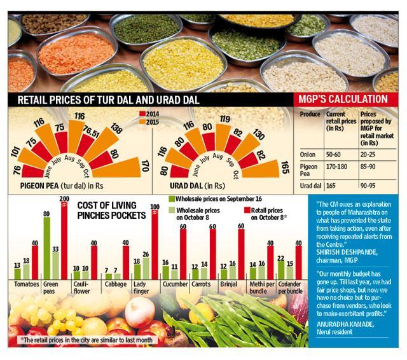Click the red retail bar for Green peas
point(64,240)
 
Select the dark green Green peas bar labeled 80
point(46,248)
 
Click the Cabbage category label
point(116,284)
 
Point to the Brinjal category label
point(229,284)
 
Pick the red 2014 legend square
point(142,114)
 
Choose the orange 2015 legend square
point(142,121)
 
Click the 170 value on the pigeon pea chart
point(145,167)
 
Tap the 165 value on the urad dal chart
point(285,168)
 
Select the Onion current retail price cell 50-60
point(333,155)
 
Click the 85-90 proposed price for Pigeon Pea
point(368,167)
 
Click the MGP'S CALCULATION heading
point(343,99)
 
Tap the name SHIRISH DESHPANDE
point(347,253)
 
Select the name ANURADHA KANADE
point(345,324)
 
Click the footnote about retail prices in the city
point(86,340)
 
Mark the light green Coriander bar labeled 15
point(290,273)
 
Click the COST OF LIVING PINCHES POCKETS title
point(112,211)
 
